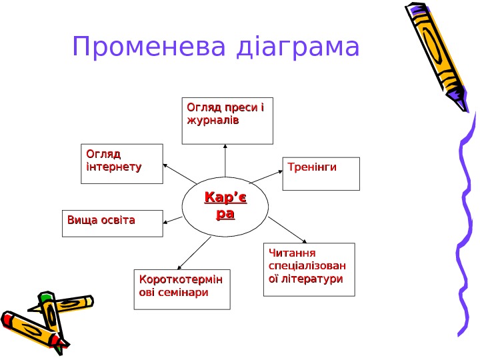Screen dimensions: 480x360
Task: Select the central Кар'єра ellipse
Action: (x=225, y=206)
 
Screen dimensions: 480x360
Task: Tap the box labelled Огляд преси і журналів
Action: (x=227, y=121)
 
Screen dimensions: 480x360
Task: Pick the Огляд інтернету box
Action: (x=121, y=163)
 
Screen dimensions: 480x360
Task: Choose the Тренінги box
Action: (x=321, y=173)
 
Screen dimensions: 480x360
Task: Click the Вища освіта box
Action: (x=113, y=223)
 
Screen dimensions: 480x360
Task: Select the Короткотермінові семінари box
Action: (x=182, y=289)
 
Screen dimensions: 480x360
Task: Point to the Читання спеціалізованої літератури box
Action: (x=309, y=269)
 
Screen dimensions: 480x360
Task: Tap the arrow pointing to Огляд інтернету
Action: (x=179, y=174)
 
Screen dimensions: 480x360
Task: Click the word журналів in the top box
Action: (x=213, y=121)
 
